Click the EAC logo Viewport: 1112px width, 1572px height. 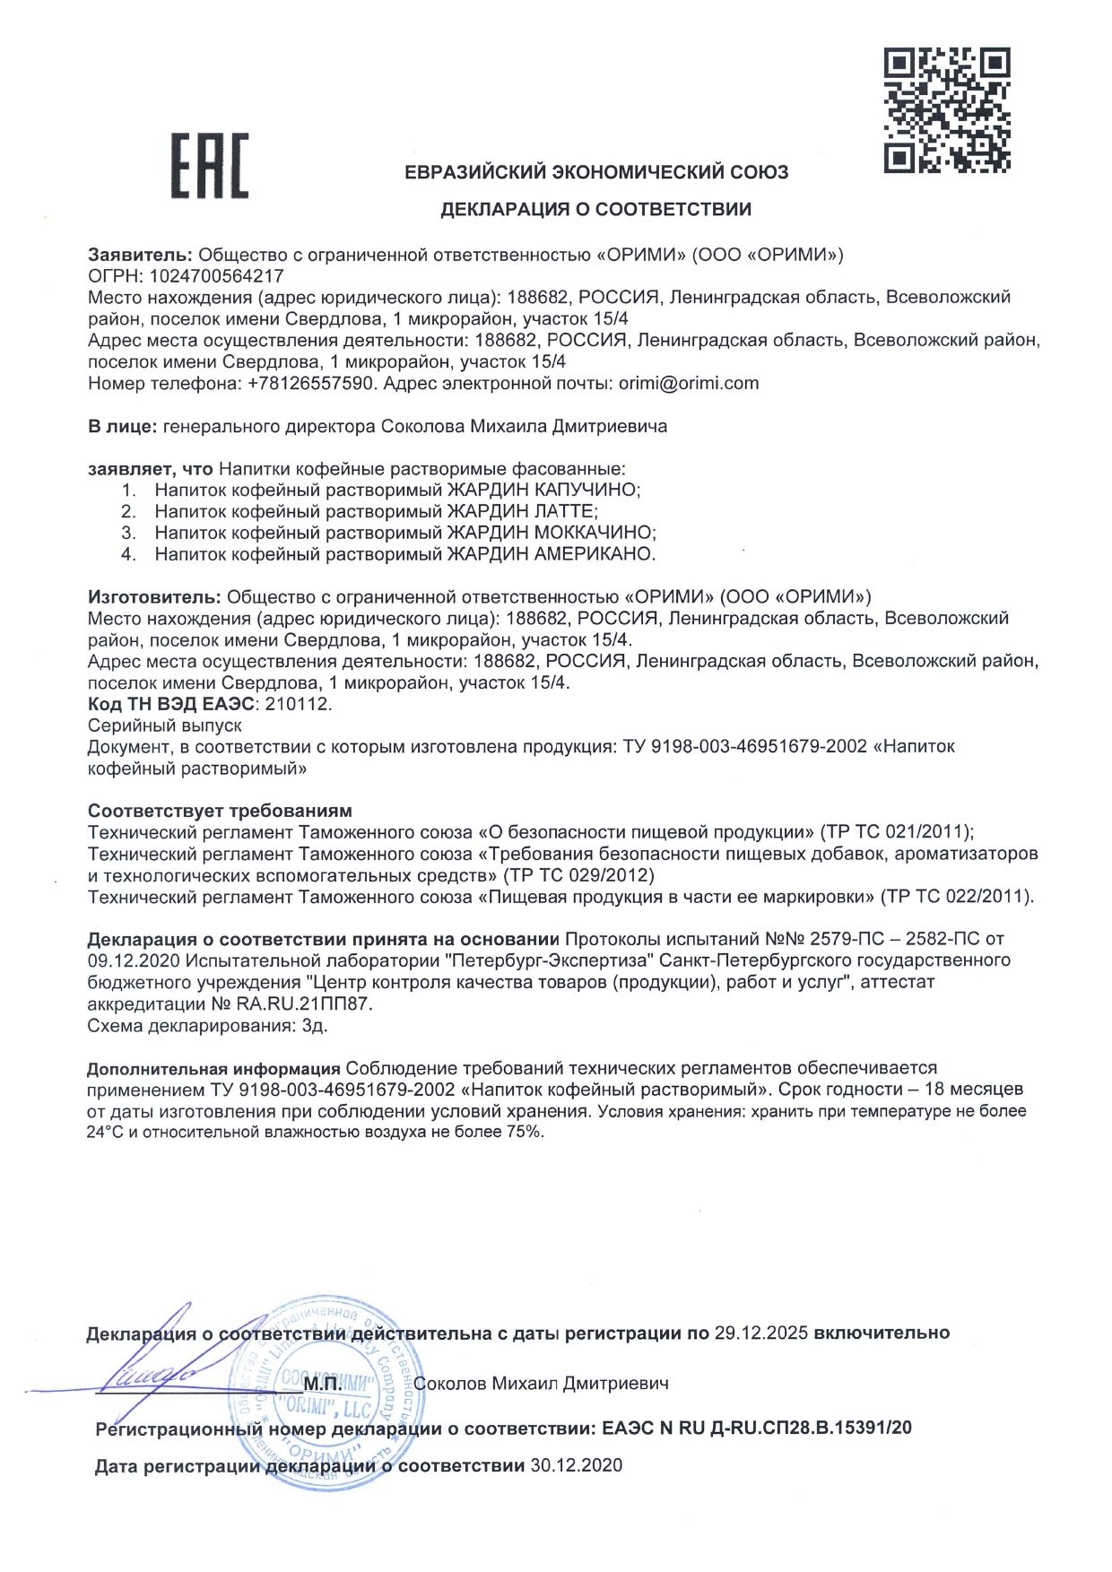(x=210, y=166)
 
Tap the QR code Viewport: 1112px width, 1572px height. (x=947, y=110)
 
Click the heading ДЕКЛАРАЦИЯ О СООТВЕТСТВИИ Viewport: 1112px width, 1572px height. (x=595, y=210)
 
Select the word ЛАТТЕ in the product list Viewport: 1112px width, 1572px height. (x=565, y=512)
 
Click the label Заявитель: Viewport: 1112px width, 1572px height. (x=141, y=255)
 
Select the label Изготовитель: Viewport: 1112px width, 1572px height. (x=154, y=597)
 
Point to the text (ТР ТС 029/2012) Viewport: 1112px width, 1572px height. (x=578, y=875)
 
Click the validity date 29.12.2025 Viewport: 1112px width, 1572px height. (x=761, y=1333)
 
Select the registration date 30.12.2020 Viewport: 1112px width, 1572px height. (x=576, y=1466)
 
